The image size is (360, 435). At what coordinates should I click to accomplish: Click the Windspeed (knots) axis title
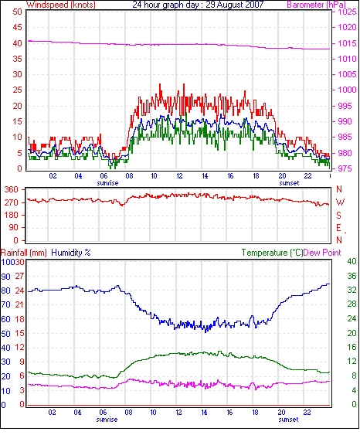tap(61, 5)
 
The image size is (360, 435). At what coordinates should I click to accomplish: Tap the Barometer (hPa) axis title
tap(317, 5)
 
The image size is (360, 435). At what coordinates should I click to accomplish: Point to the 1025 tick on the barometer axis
tap(347, 12)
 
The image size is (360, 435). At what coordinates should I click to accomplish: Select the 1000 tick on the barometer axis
tap(347, 90)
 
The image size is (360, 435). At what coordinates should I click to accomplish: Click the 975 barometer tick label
tap(345, 168)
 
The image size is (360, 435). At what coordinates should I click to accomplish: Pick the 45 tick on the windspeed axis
tap(17, 28)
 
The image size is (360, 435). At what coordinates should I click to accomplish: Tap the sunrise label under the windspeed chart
tap(107, 183)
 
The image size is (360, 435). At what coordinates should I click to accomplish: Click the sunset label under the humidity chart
tap(288, 420)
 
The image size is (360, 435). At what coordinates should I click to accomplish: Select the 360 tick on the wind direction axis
tap(11, 190)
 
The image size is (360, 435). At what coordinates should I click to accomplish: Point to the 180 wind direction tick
tap(11, 215)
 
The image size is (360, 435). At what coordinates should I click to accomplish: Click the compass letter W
tap(340, 202)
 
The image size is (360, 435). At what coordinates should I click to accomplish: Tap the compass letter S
tap(338, 215)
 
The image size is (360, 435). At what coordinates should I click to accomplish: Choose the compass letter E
tap(338, 228)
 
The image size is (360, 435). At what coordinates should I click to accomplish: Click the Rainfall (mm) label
tap(24, 253)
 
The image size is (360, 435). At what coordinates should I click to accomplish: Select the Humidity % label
tap(71, 253)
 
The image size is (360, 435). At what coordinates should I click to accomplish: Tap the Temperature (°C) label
tap(272, 253)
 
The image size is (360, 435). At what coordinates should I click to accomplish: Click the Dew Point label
tap(322, 253)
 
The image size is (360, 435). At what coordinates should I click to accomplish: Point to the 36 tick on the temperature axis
tap(352, 276)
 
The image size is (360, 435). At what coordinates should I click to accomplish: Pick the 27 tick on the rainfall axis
tap(19, 277)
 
